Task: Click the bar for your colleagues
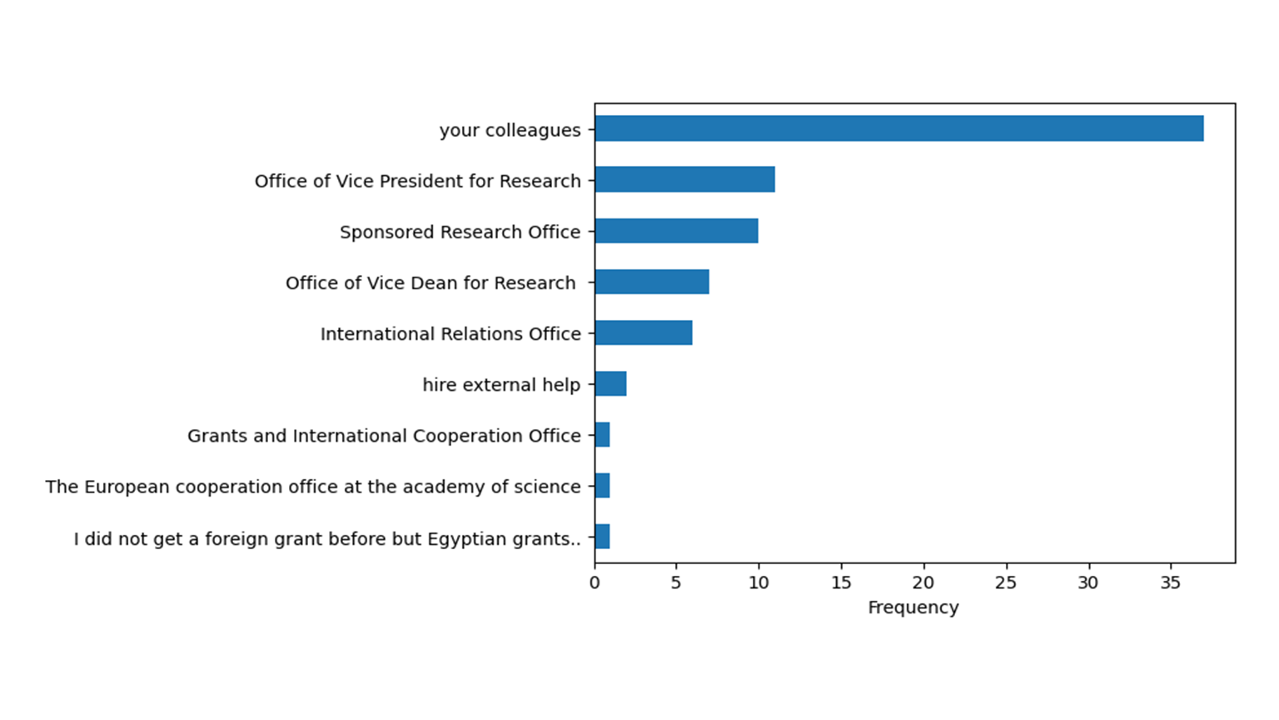[899, 129]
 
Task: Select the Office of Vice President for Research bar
[684, 180]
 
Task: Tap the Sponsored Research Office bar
[676, 231]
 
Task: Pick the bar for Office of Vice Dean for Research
[652, 282]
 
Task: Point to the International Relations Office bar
[644, 333]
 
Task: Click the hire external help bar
[610, 384]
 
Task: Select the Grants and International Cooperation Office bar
[602, 435]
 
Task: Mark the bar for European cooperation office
[602, 486]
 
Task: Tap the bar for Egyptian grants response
[602, 537]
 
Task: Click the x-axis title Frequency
[913, 607]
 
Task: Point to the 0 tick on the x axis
[595, 583]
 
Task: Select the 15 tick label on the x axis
[841, 583]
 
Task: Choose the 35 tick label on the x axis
[1170, 583]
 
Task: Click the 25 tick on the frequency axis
[1005, 583]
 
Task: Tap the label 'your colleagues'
[510, 131]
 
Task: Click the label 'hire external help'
[500, 385]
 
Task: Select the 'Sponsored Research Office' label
[460, 232]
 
